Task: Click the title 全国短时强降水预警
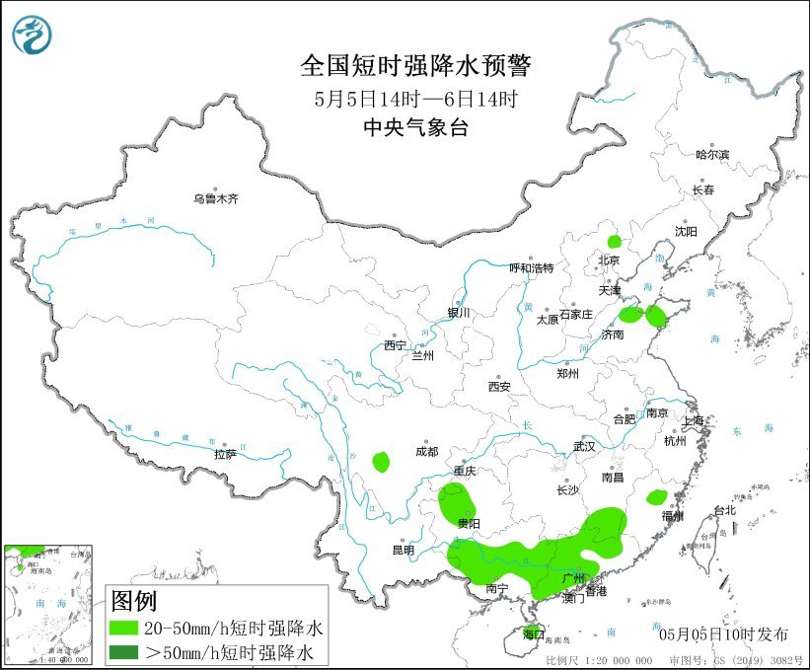[414, 67]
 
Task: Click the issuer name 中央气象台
[414, 126]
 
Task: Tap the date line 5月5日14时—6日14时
[414, 98]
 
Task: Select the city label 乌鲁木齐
[216, 199]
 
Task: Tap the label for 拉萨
[225, 454]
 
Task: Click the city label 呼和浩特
[531, 267]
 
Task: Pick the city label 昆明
[404, 550]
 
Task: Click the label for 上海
[695, 421]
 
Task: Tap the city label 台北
[724, 510]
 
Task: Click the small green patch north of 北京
[615, 240]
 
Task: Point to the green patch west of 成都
[381, 460]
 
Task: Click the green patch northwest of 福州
[656, 497]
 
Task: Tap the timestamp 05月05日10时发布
[717, 632]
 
